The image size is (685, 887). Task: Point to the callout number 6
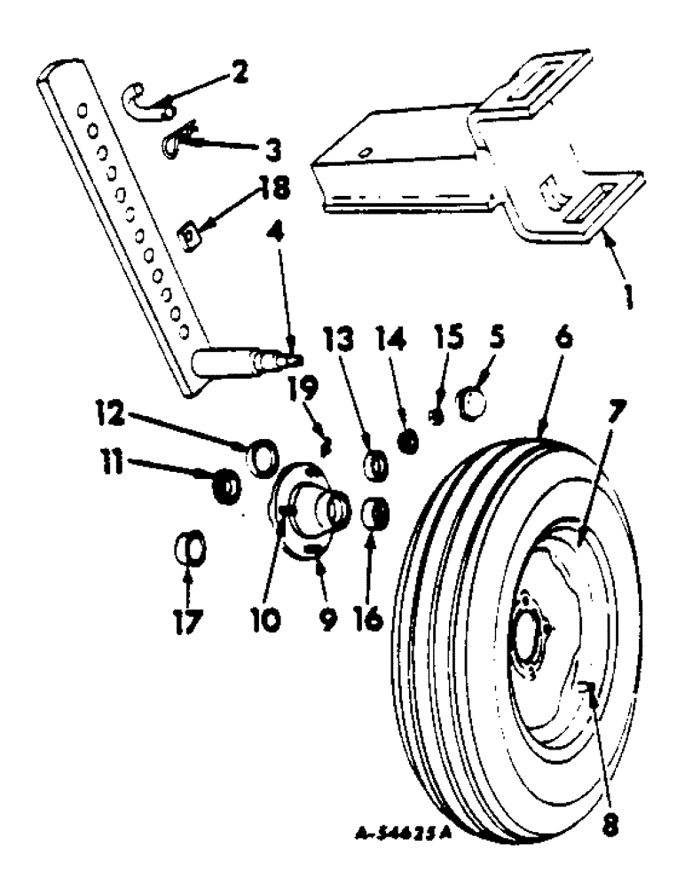[x=566, y=339]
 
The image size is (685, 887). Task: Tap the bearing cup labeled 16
[x=377, y=514]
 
